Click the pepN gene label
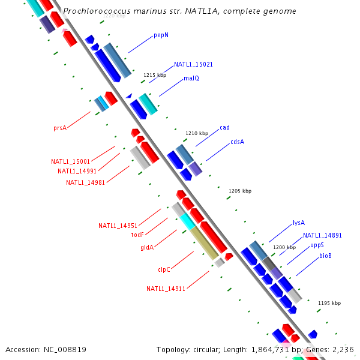click(x=161, y=35)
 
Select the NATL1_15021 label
click(x=193, y=64)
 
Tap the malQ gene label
click(x=191, y=79)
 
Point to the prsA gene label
click(x=59, y=128)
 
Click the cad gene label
click(x=224, y=127)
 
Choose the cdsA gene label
click(x=237, y=142)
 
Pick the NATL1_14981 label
click(x=85, y=182)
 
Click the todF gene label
click(x=137, y=235)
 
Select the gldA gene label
click(x=147, y=247)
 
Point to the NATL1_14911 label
click(x=166, y=289)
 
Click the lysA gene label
click(x=299, y=223)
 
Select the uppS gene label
click(x=317, y=245)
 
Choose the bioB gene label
click(x=325, y=256)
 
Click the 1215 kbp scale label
click(x=154, y=75)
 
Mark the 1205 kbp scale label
click(x=240, y=191)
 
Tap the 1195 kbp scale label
click(x=329, y=303)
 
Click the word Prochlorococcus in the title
click(x=94, y=11)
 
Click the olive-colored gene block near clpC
click(x=205, y=243)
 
